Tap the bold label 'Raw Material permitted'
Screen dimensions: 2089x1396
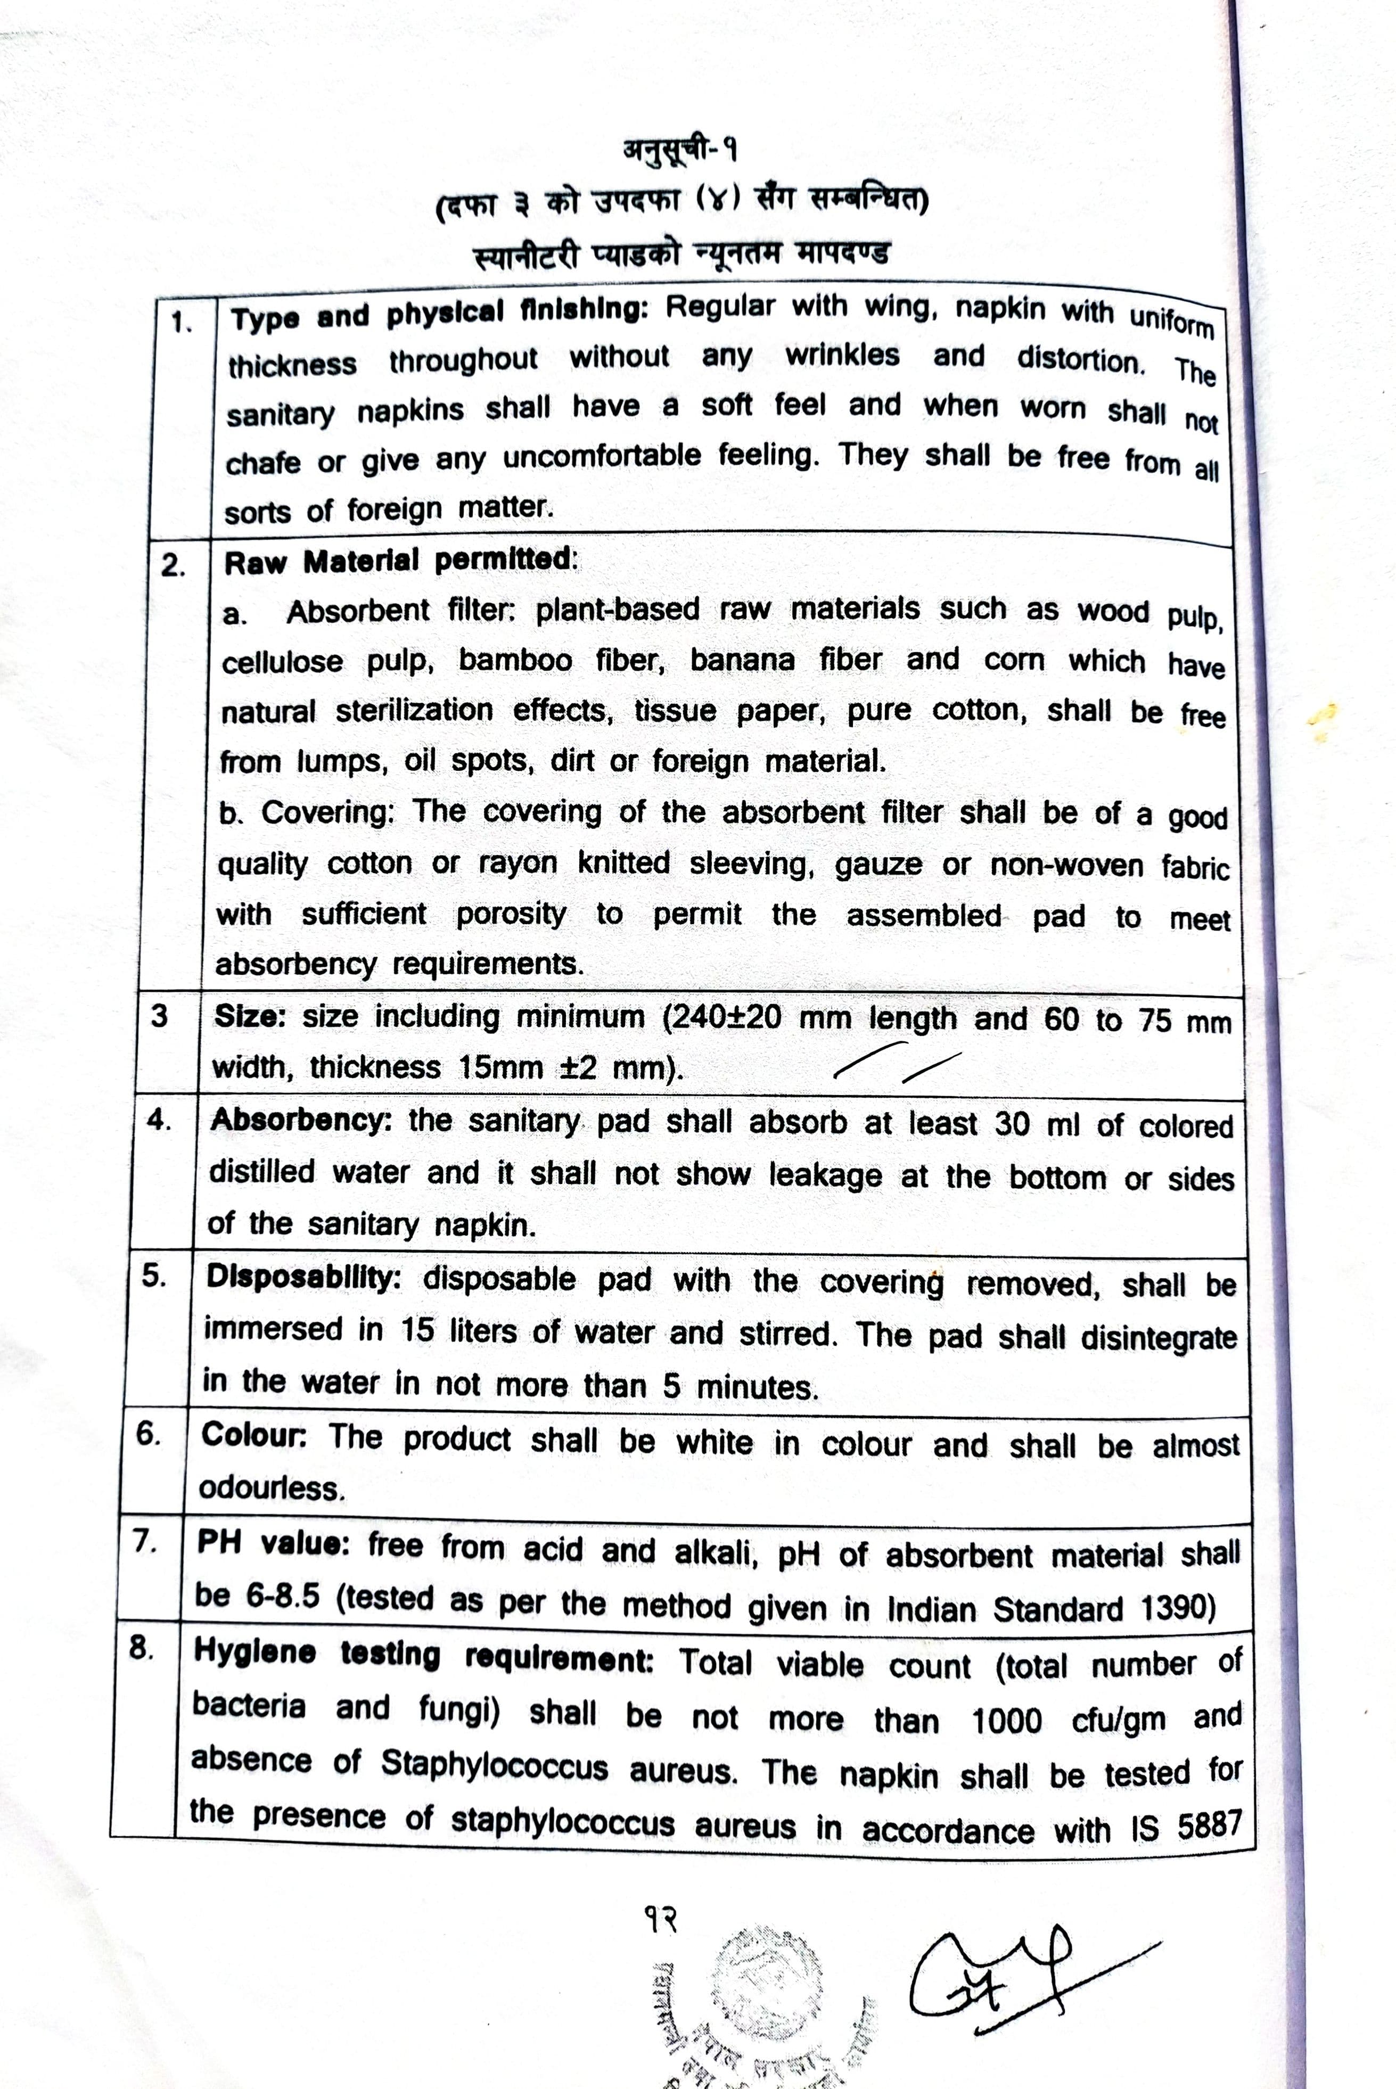point(400,561)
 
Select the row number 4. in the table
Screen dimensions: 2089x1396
point(159,1120)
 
